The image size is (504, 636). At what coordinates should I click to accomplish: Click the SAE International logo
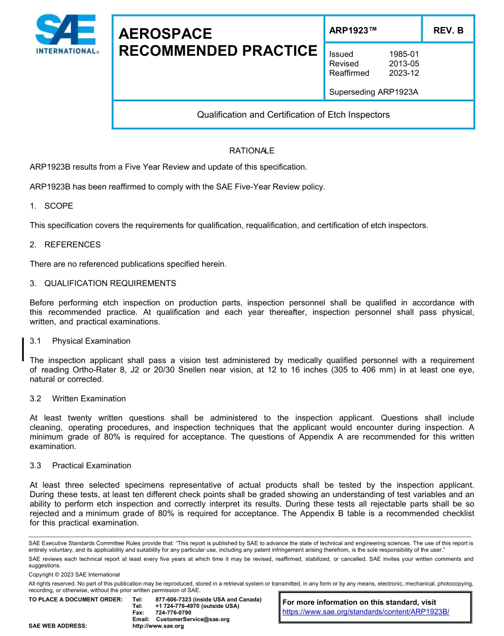point(66,34)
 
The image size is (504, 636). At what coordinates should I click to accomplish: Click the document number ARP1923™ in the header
point(353,31)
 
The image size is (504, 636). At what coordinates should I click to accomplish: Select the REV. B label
point(448,31)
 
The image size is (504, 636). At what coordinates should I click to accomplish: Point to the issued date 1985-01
point(404,54)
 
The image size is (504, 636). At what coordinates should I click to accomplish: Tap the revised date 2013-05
point(404,64)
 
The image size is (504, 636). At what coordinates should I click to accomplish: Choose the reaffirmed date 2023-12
point(404,73)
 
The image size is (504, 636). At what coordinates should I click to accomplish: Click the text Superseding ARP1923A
point(373,92)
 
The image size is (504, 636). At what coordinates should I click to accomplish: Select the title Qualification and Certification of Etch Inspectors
point(293,114)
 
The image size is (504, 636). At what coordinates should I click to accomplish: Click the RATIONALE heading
point(251,151)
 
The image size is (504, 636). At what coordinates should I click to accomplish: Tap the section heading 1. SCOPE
point(51,206)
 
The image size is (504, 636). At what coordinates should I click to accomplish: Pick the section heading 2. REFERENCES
point(65,244)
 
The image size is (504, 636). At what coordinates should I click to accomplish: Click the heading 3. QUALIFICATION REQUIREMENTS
point(103,283)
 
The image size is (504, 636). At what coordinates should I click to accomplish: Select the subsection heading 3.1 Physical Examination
point(80,341)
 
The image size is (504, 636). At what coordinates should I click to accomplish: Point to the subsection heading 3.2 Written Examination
point(78,399)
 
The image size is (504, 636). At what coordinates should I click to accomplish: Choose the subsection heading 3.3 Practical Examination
point(81,465)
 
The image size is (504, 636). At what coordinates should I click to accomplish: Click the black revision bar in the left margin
point(23,349)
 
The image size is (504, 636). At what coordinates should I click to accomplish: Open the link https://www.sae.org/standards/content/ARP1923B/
point(366,612)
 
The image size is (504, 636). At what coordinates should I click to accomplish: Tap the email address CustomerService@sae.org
point(193,619)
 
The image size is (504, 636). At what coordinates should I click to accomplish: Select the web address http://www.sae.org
point(158,626)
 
